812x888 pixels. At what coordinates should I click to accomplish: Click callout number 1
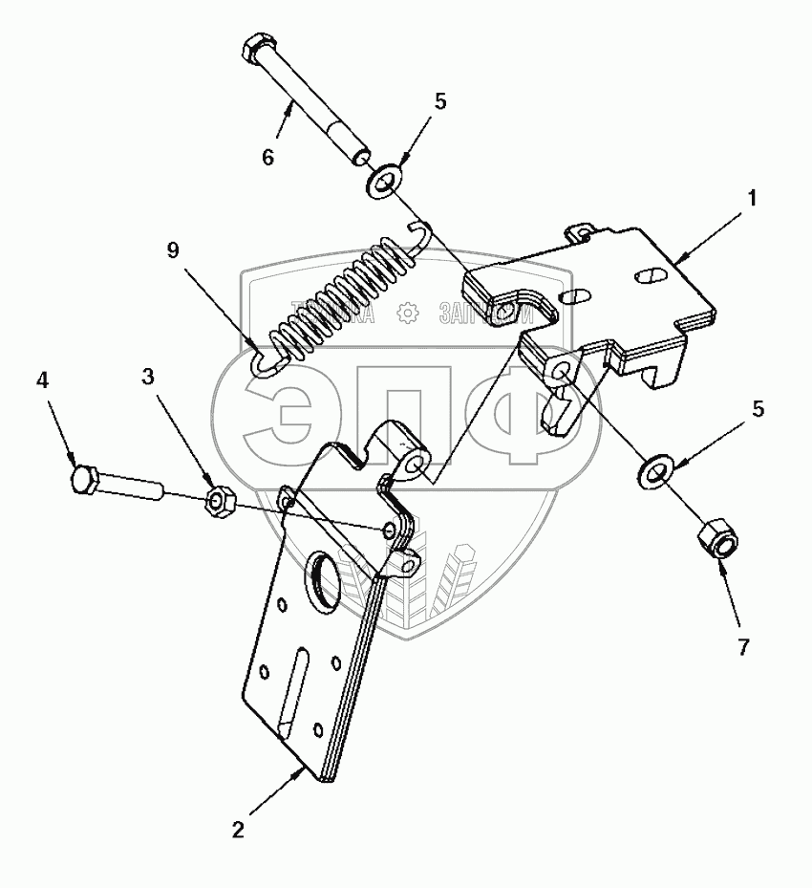752,199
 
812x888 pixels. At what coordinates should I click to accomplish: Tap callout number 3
147,377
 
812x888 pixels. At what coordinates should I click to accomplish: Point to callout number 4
42,380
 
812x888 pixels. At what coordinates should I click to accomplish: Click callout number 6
268,157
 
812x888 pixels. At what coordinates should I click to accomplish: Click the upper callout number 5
439,101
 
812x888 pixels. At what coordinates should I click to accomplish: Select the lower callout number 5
759,408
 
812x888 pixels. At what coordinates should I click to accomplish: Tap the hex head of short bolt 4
84,478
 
